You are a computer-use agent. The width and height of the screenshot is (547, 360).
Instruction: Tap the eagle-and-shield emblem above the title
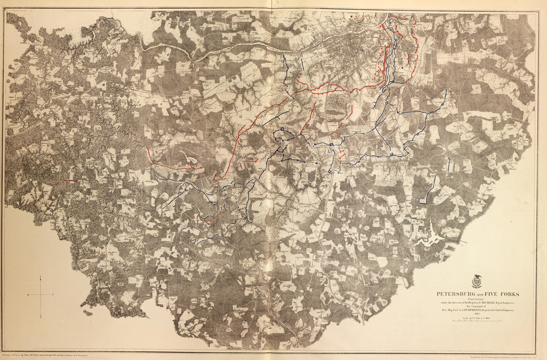(x=476, y=282)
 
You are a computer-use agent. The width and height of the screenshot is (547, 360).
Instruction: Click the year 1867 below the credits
(x=476, y=313)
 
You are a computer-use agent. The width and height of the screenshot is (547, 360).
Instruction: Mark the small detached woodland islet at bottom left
(x=88, y=313)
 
